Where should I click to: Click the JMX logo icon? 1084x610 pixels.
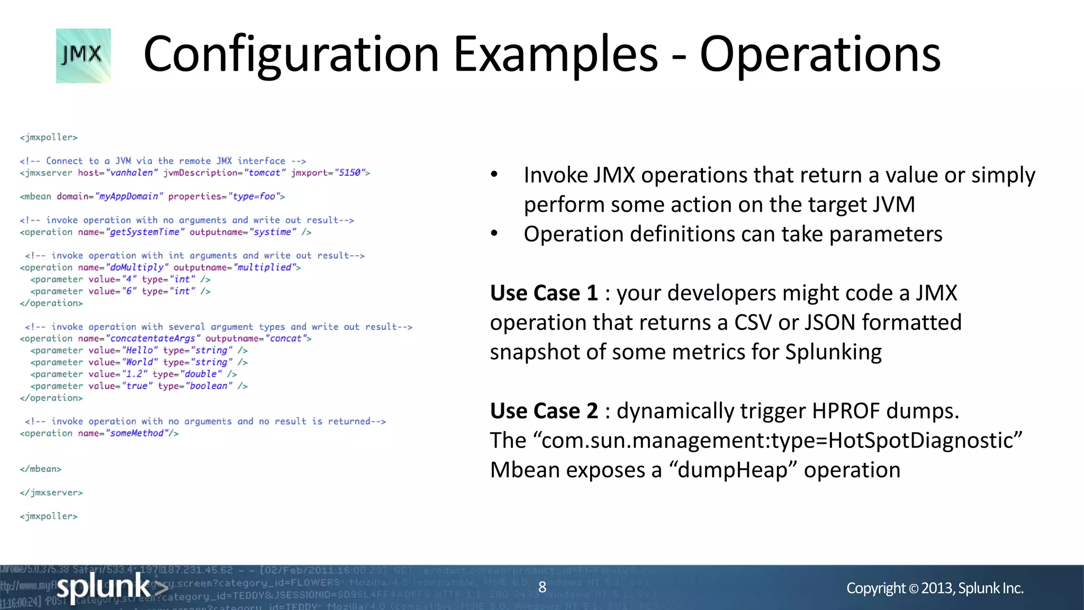pos(84,56)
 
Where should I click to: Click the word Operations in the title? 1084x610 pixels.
pos(820,54)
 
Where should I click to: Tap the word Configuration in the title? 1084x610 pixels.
pos(291,54)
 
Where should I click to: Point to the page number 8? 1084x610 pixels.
pos(542,587)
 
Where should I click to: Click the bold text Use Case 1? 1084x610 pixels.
pos(544,293)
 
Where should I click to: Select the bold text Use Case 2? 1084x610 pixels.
pos(544,411)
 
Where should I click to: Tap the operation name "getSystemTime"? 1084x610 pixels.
pos(145,232)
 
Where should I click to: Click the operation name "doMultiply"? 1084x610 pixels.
pos(137,267)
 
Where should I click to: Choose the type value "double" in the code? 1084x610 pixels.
pos(201,374)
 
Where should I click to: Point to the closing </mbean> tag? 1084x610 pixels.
pos(41,469)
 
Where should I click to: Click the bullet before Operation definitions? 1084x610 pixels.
pos(494,234)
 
